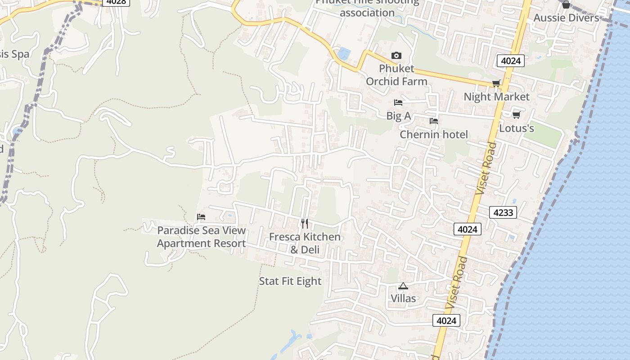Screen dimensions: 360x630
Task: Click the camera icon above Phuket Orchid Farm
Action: point(396,56)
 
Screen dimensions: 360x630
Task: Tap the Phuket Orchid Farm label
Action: point(396,75)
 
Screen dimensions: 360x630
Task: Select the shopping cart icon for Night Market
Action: point(496,83)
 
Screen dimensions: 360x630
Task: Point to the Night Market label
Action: point(496,97)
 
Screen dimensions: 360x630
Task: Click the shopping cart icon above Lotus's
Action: point(516,115)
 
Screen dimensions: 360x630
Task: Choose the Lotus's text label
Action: point(517,128)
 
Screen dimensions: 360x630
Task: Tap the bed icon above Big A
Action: point(398,103)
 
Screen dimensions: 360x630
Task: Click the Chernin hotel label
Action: point(434,135)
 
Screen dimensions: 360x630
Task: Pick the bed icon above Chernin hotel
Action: point(434,121)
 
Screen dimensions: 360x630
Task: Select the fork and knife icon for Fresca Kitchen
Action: point(305,223)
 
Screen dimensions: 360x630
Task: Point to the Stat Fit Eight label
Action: point(290,281)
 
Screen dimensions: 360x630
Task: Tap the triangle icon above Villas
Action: point(403,286)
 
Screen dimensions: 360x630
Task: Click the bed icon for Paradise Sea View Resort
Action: point(201,217)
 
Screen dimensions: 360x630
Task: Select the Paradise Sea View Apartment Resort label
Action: point(201,237)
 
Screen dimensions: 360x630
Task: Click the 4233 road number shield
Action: point(503,212)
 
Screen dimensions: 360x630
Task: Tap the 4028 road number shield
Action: point(116,2)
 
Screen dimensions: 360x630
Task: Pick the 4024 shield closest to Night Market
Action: point(511,61)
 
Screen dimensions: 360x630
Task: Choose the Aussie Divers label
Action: point(566,18)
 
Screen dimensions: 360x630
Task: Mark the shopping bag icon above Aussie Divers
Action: point(566,4)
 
